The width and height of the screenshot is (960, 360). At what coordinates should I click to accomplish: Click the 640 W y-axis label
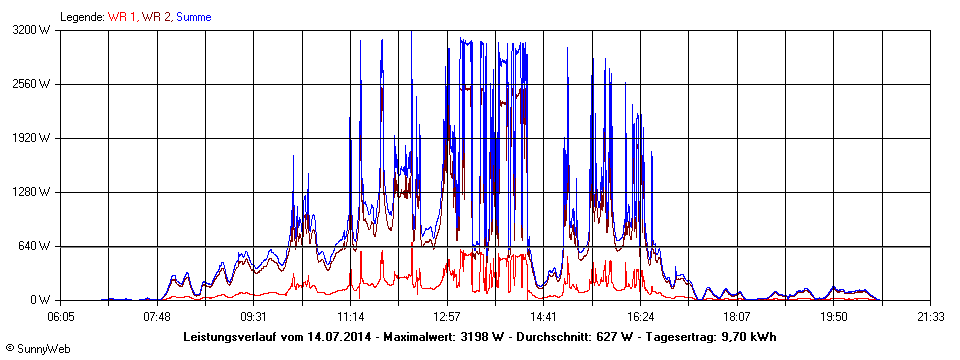tap(37, 246)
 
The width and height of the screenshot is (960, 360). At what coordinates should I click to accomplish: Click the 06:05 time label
tap(61, 317)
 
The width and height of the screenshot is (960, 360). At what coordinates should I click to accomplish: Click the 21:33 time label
tap(930, 317)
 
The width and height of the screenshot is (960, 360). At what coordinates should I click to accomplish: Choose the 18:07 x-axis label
tap(737, 317)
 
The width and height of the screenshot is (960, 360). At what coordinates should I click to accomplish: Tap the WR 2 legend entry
tap(156, 17)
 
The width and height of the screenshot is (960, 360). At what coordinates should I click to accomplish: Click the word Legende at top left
tap(81, 17)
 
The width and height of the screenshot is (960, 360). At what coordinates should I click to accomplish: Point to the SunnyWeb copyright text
tap(38, 348)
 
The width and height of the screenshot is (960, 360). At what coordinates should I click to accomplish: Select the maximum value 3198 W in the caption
tap(480, 336)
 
